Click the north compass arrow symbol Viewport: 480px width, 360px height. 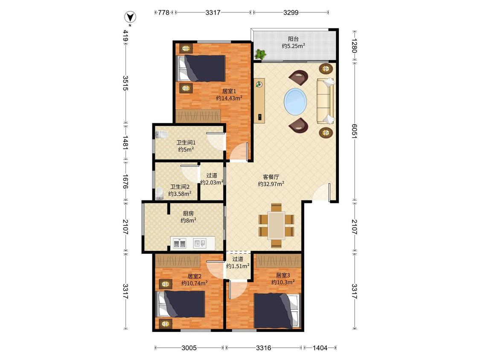[131, 17]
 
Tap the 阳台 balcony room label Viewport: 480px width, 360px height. [293, 39]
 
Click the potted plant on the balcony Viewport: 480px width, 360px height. [261, 54]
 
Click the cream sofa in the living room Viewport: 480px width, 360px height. [325, 101]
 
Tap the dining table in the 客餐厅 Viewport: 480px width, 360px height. [276, 226]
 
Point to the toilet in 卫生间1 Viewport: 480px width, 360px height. [161, 134]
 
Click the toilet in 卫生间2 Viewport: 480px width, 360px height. [159, 194]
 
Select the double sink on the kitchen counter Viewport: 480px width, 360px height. [179, 244]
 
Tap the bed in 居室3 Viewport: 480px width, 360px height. [277, 311]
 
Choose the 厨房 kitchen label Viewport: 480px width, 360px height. [188, 213]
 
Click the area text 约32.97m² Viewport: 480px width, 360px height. [271, 184]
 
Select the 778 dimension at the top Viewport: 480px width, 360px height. [164, 12]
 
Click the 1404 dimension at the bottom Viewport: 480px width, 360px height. [320, 348]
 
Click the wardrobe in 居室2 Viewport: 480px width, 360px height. [177, 260]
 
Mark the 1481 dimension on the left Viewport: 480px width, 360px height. [125, 142]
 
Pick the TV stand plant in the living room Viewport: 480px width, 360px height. [259, 84]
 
